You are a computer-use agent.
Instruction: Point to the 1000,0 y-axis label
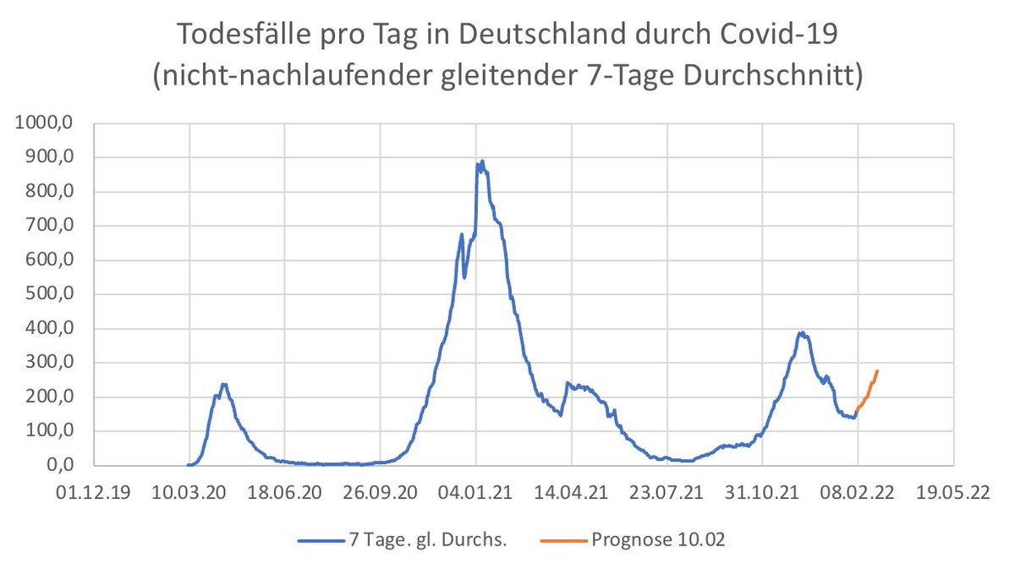pos(47,123)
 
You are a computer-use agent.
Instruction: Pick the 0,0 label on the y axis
pos(61,466)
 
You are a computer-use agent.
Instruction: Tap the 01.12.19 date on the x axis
pos(94,492)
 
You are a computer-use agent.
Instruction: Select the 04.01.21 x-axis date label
pos(476,492)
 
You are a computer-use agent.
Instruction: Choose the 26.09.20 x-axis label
pos(381,492)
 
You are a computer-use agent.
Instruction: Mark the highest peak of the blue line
pos(481,161)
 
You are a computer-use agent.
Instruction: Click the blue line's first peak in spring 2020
pos(223,385)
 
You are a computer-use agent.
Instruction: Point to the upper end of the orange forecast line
pos(877,370)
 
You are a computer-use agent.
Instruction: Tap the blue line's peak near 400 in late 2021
pos(801,332)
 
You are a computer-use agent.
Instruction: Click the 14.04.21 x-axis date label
pos(572,492)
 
